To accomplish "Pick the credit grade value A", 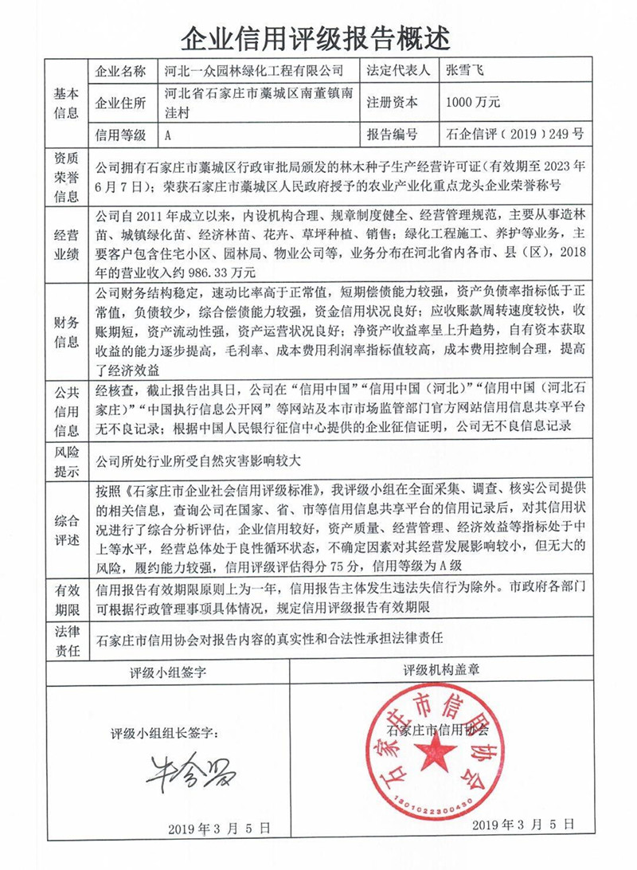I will (168, 135).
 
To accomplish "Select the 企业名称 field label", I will (120, 71).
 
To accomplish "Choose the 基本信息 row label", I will (66, 103).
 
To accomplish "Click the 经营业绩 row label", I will (66, 245).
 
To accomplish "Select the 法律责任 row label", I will (66, 640).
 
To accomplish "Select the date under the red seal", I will (522, 825).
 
